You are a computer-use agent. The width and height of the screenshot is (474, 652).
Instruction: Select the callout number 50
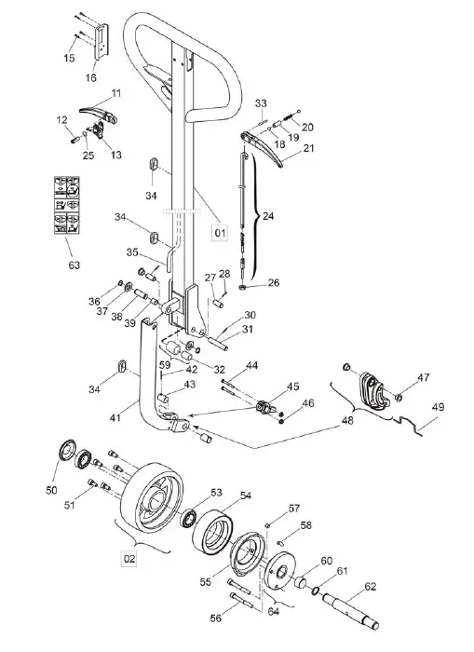[x=51, y=489]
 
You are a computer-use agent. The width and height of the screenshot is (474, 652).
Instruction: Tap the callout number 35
[x=132, y=251]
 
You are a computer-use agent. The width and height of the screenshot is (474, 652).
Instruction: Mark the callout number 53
[x=217, y=492]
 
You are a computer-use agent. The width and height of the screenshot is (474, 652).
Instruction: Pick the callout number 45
[x=293, y=387]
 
